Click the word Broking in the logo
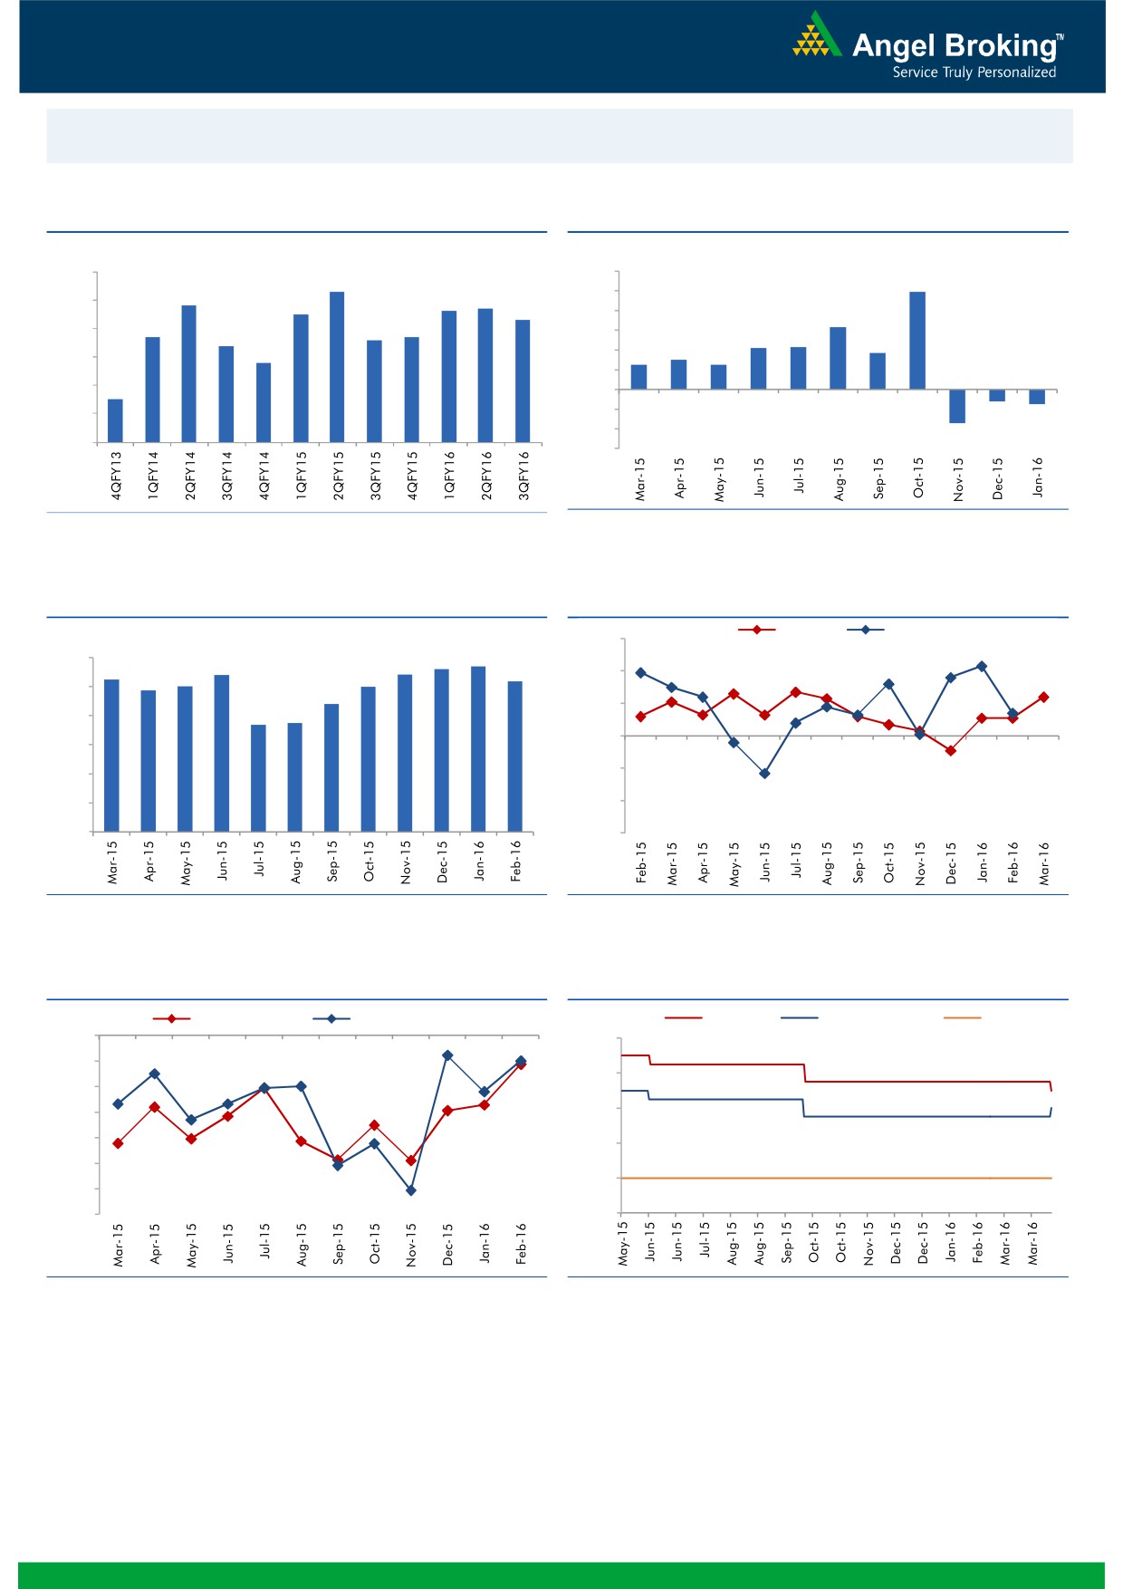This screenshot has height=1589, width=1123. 1000,46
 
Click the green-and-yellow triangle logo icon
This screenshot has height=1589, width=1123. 816,35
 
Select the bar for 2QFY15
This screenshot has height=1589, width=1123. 337,367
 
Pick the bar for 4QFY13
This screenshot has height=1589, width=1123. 115,420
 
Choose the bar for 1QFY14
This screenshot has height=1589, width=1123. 152,390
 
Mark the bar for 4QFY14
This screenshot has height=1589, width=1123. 264,402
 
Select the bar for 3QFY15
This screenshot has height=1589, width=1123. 374,391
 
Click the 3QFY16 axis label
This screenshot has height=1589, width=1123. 523,476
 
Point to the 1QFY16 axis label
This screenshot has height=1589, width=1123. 449,476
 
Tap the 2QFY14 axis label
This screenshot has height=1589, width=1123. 190,476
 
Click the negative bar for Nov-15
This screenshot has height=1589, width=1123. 957,406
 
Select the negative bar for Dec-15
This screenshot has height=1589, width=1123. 997,395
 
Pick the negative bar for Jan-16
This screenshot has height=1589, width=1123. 1037,397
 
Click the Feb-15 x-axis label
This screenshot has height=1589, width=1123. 641,862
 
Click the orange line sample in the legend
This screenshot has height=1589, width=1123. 962,1018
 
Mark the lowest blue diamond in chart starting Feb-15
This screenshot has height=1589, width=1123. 764,774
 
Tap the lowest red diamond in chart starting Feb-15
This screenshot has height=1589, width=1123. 951,751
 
